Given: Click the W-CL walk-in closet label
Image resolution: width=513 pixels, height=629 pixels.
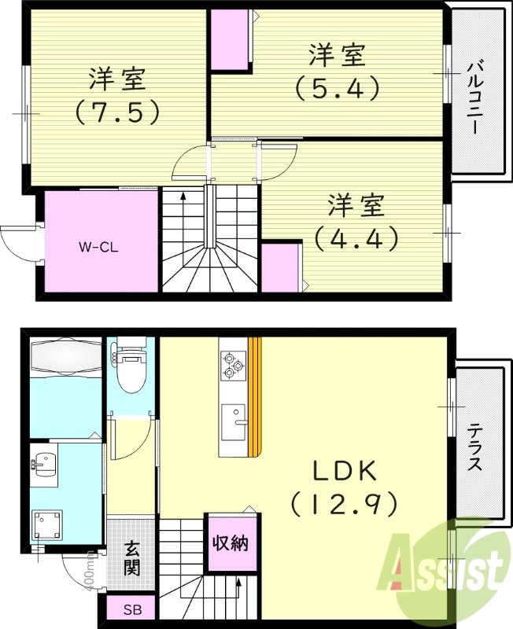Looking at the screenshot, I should coord(99,245).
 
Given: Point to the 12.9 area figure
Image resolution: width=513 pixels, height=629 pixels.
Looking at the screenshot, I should coord(343,503).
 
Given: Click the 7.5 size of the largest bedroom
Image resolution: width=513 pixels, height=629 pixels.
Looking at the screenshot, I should coord(117,112).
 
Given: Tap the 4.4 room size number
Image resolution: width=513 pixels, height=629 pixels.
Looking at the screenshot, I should coord(356,237).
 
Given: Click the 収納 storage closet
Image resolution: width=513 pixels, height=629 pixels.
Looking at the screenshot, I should coord(231,542).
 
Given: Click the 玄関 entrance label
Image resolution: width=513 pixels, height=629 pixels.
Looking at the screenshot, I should coord(132,557).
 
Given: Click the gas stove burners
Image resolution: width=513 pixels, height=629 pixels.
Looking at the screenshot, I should coord(231,362).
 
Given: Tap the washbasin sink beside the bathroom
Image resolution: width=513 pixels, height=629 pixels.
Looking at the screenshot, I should coord(44,467).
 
